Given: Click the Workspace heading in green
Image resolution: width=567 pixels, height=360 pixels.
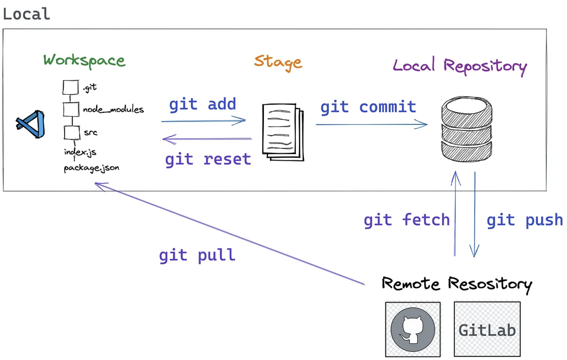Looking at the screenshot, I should click(84, 60).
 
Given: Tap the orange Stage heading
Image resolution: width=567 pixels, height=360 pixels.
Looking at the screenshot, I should click(278, 62).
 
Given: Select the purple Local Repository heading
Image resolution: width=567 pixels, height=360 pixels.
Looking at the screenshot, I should click(460, 66).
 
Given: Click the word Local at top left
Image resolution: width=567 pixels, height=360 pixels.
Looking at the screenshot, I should click(26, 14).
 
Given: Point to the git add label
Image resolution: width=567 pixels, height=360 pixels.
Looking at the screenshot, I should click(203, 104).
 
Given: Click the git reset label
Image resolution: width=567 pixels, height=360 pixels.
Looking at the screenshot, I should click(208, 160).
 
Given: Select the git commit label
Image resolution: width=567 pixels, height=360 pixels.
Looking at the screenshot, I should click(368, 107).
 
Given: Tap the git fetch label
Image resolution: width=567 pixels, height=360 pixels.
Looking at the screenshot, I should click(407, 220).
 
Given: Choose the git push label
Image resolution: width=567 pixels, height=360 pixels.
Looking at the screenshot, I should click(525, 220).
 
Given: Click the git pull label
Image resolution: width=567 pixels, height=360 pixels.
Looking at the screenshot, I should click(197, 255).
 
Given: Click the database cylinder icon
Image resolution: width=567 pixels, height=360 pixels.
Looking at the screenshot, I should click(467, 129).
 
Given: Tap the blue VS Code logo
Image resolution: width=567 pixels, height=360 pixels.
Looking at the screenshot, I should click(31, 124).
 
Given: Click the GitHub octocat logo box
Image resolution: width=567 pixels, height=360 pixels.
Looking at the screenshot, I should click(413, 329).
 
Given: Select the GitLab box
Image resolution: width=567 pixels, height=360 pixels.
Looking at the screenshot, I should click(487, 329).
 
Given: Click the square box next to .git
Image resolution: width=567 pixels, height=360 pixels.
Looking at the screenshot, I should click(71, 87).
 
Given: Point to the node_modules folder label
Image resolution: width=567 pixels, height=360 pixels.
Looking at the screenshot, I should click(113, 109).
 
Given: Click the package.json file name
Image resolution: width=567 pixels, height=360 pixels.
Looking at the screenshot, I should click(92, 168).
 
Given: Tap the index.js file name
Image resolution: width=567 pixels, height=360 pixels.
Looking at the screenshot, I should click(80, 152).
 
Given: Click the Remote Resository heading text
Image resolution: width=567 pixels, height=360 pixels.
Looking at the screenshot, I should click(457, 284).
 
